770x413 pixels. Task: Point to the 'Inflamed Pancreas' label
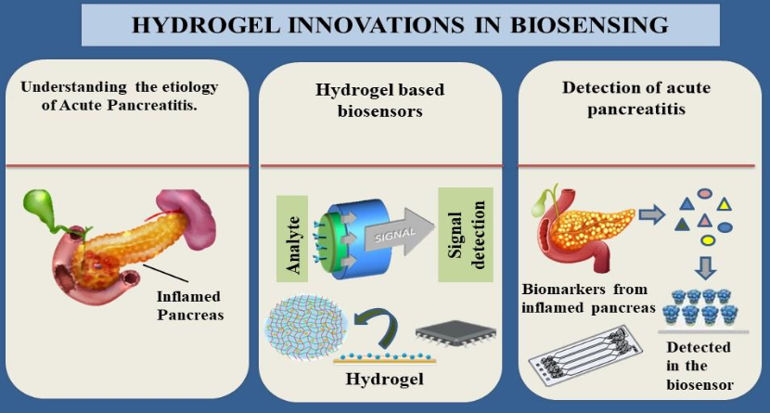point(189,305)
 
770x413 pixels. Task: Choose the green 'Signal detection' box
point(465,236)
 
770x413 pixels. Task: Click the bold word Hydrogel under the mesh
point(384,379)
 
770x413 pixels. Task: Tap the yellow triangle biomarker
point(724,204)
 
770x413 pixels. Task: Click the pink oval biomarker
point(705,193)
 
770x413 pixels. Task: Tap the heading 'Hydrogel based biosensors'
point(381,101)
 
